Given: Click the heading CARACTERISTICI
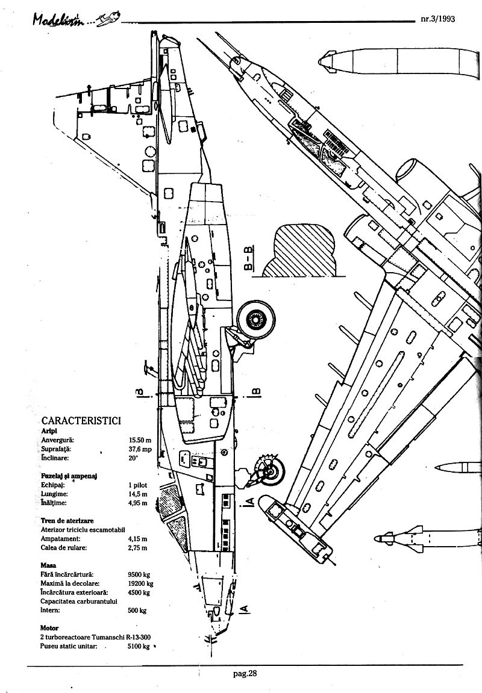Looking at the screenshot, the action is (x=81, y=420).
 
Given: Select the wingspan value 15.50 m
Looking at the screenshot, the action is (x=140, y=440).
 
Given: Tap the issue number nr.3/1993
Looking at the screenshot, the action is (x=438, y=19).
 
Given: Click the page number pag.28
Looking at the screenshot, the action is (x=245, y=674).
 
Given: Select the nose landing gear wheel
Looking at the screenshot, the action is (x=272, y=471).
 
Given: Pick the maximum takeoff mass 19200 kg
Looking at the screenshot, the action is (x=140, y=583).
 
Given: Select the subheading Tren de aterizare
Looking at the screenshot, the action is (x=67, y=521).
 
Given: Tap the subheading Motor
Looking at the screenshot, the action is (x=49, y=628).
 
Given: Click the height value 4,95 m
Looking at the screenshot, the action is (x=138, y=503).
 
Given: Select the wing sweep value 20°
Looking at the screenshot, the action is (x=134, y=458).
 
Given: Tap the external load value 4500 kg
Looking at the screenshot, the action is (x=139, y=592).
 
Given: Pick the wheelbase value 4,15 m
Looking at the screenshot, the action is (x=138, y=539).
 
